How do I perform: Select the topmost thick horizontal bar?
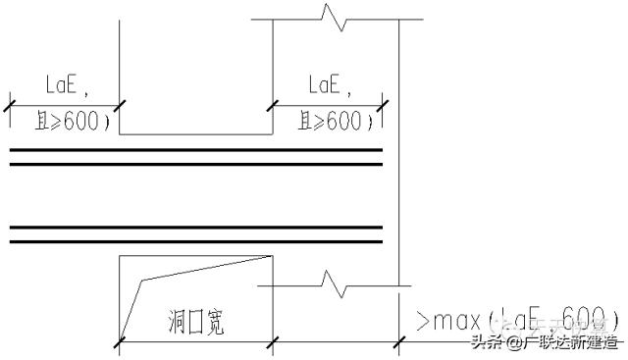pos(196,150)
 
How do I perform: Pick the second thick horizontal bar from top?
pos(196,164)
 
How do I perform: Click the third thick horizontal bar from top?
pos(196,228)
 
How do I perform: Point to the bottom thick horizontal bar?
pos(196,240)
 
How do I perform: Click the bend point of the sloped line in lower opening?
pos(142,281)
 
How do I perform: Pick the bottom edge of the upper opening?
pos(196,134)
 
